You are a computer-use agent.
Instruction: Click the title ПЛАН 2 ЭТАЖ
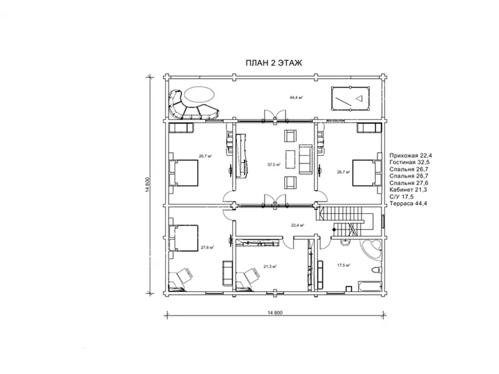274,63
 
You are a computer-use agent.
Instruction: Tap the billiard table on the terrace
351,98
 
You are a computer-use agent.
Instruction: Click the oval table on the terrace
199,95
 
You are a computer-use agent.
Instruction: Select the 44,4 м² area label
296,98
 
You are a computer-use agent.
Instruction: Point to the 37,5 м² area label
274,165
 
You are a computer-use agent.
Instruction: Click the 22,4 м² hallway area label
298,225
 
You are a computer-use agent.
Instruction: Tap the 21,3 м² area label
270,267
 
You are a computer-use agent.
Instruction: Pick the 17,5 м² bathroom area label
344,265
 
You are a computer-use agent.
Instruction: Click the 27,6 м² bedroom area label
207,247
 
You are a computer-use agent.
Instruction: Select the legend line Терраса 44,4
409,204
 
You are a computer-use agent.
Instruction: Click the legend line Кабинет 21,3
408,190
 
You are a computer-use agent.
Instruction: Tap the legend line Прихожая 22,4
410,155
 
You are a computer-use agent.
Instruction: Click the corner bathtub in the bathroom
371,249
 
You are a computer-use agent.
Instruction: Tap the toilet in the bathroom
377,270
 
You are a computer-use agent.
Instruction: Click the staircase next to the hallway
344,221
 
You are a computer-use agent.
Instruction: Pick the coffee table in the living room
291,160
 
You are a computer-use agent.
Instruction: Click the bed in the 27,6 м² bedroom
183,238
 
